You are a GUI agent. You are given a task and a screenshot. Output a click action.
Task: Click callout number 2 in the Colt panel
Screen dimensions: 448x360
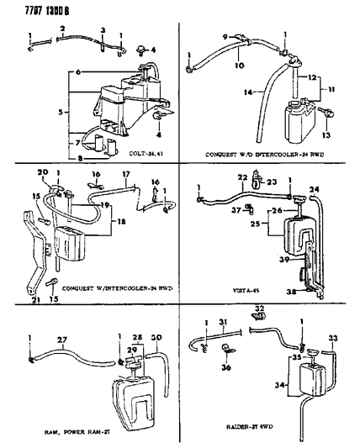61,29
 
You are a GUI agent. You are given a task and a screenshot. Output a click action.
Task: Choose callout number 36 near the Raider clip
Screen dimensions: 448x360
225,366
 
